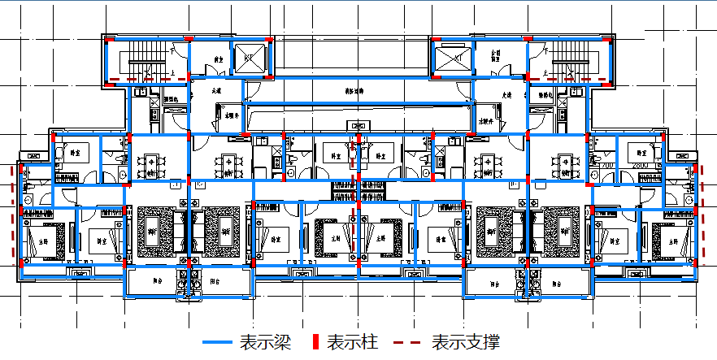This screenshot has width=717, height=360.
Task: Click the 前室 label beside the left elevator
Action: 218,59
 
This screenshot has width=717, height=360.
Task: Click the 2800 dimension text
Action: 643,166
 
